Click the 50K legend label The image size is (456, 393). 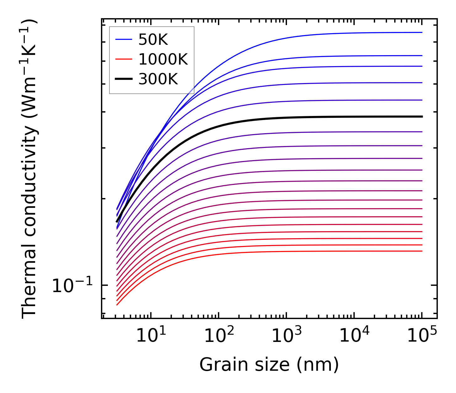coord(153,39)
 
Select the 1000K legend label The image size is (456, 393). coord(163,59)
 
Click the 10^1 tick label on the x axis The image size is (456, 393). coord(151,336)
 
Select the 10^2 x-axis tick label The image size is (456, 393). coord(219,336)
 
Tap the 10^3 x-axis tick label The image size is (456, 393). coord(286,336)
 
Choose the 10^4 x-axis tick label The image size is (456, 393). coord(354,336)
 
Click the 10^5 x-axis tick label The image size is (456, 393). coord(422,336)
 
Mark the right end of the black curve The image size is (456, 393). coord(422,117)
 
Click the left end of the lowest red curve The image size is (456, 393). coord(117,305)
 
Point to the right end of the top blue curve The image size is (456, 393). coord(422,32)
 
